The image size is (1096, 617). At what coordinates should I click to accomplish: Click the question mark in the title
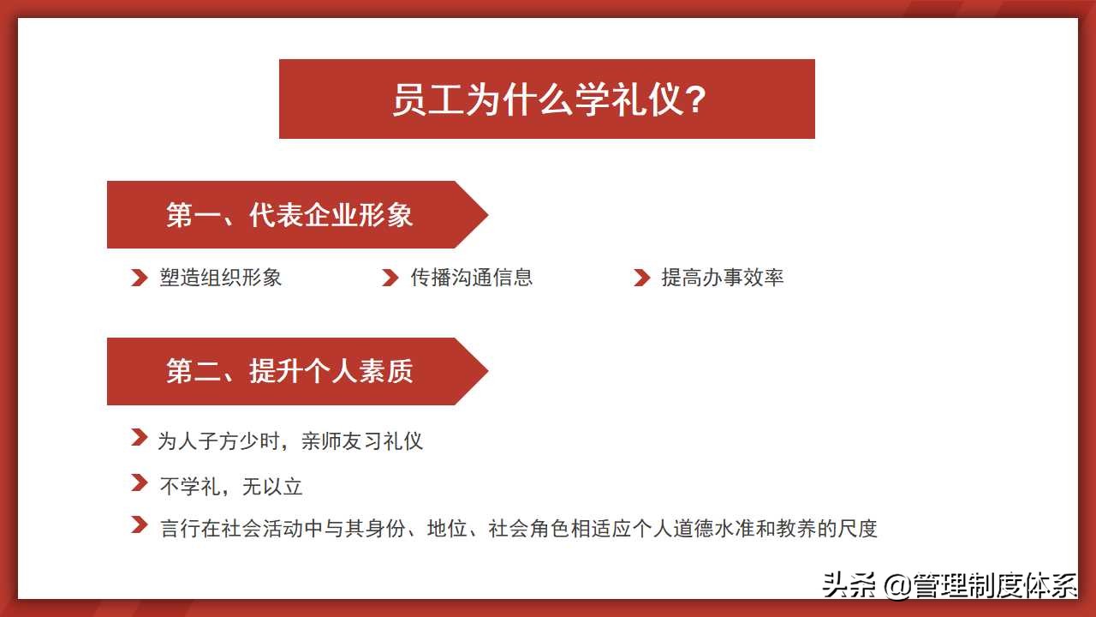(696, 99)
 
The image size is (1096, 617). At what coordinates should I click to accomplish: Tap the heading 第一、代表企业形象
(289, 214)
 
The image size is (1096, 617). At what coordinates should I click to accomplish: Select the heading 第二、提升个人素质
(289, 371)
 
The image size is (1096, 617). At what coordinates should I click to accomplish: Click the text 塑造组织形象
(221, 278)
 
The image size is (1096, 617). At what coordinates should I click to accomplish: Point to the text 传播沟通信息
(472, 278)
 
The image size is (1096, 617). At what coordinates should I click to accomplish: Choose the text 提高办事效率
(723, 278)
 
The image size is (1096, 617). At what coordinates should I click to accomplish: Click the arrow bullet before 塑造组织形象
(139, 278)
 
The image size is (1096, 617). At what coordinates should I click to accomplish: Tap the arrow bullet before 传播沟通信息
(390, 278)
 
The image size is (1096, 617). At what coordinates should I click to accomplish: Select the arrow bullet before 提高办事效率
(641, 278)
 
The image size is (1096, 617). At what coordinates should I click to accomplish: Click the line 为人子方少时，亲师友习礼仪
(290, 441)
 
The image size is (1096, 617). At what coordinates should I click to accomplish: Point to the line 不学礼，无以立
(231, 487)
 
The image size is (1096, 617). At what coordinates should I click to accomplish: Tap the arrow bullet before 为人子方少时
(139, 438)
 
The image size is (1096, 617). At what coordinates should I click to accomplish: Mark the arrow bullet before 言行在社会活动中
(139, 524)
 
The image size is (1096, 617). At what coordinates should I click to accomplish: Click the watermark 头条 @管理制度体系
(949, 585)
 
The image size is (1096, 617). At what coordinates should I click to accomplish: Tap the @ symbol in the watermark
(896, 586)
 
